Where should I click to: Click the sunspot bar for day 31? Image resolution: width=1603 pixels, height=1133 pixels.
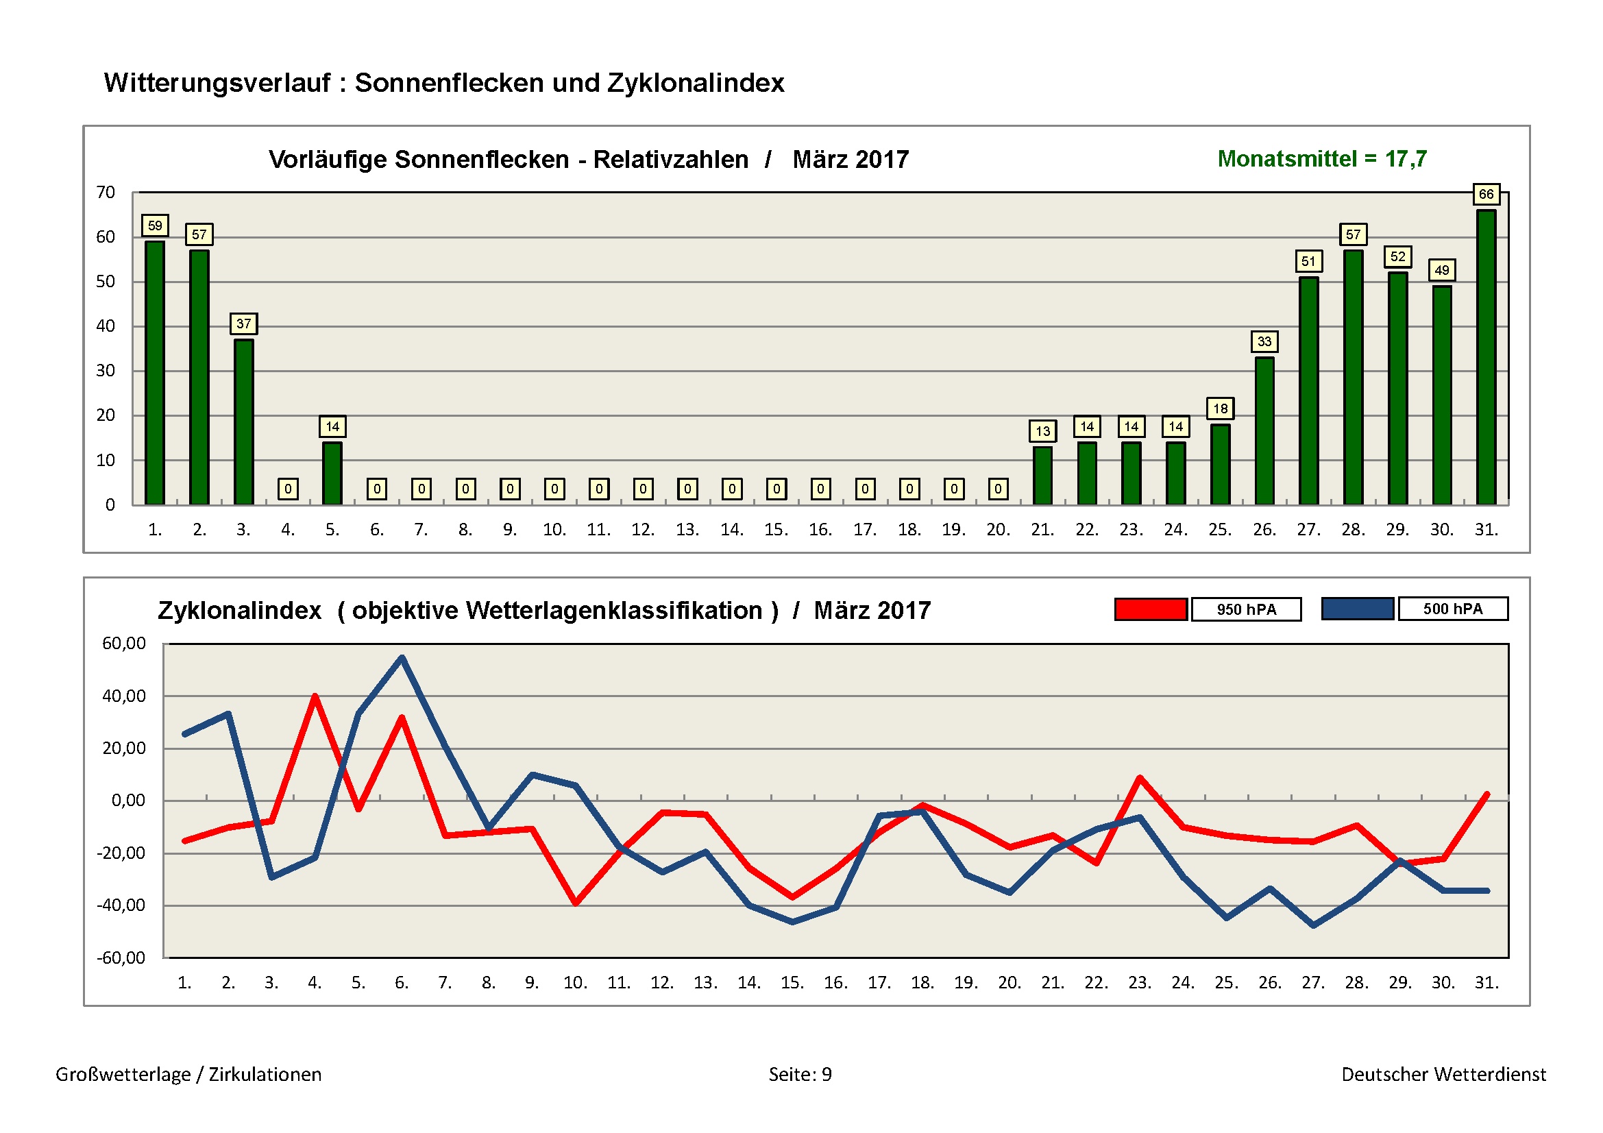point(1486,357)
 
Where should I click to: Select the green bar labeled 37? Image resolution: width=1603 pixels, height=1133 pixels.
point(244,422)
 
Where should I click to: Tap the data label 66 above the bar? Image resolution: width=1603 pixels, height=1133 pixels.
point(1486,194)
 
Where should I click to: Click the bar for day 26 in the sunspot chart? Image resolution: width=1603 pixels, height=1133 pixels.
point(1264,430)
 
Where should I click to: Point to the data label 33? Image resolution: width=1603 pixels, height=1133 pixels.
point(1264,341)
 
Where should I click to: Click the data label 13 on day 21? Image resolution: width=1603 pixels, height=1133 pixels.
point(1042,430)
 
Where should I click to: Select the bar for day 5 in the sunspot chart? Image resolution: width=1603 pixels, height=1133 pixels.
point(332,474)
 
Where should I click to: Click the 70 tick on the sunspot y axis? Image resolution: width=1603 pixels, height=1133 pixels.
point(106,192)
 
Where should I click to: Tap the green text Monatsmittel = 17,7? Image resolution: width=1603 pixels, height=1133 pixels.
point(1321,159)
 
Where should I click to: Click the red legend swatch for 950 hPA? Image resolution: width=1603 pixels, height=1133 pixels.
point(1151,609)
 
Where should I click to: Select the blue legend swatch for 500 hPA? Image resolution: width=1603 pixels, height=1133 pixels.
point(1357,609)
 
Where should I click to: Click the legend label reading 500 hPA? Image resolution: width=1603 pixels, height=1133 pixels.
point(1453,609)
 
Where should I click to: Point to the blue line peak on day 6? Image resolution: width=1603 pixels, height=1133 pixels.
point(402,657)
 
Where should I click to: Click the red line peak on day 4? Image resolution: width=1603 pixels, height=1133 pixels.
point(315,696)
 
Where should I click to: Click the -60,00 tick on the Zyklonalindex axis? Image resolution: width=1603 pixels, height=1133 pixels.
point(121,957)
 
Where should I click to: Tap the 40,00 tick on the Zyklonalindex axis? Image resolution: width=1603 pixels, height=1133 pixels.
point(123,696)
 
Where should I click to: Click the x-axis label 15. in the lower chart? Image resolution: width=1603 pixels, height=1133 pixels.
point(792,982)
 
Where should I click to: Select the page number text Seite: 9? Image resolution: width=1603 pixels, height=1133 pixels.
point(800,1074)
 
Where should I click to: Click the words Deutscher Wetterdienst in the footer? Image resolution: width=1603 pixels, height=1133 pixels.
point(1443,1074)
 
